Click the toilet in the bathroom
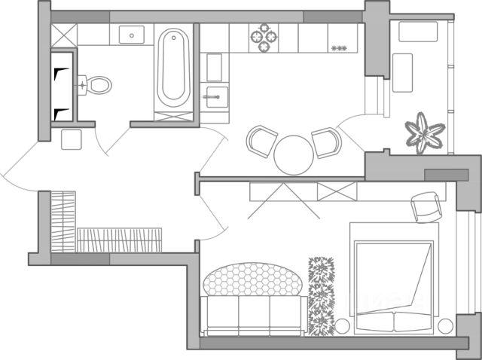pyautogui.click(x=96, y=84)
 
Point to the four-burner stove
pyautogui.click(x=264, y=38)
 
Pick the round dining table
pyautogui.click(x=293, y=154)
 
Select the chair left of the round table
pyautogui.click(x=262, y=141)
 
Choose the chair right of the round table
pyautogui.click(x=326, y=142)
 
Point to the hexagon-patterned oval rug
pyautogui.click(x=253, y=279)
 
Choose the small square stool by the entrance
pyautogui.click(x=72, y=140)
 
